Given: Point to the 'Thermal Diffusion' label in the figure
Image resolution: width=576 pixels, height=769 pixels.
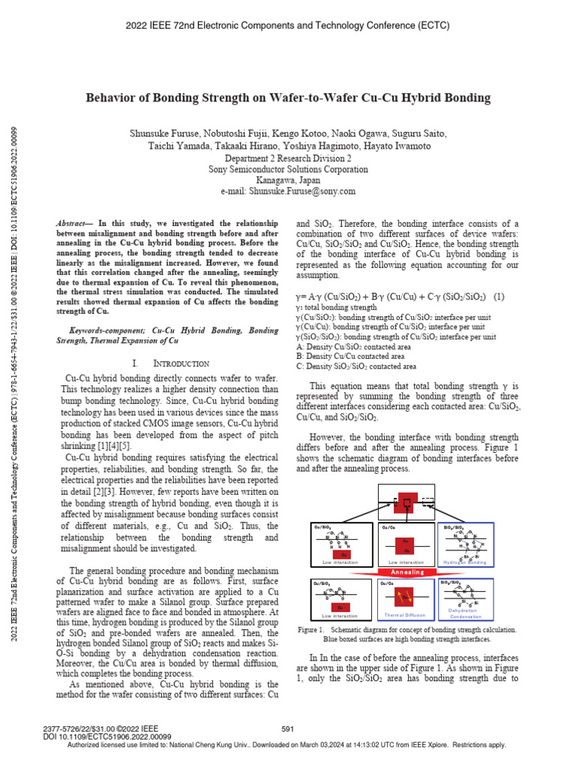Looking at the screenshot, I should (404, 615).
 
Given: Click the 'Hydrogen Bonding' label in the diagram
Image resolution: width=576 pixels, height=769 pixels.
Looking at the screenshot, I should (465, 562).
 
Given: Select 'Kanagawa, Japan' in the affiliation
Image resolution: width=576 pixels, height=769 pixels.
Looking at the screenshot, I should (288, 180).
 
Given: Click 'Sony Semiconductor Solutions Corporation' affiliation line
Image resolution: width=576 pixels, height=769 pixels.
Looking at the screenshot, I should (288, 170).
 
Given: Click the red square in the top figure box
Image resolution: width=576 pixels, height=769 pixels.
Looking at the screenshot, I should (405, 505).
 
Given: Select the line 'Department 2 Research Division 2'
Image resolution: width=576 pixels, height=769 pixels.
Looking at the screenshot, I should (288, 159).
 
